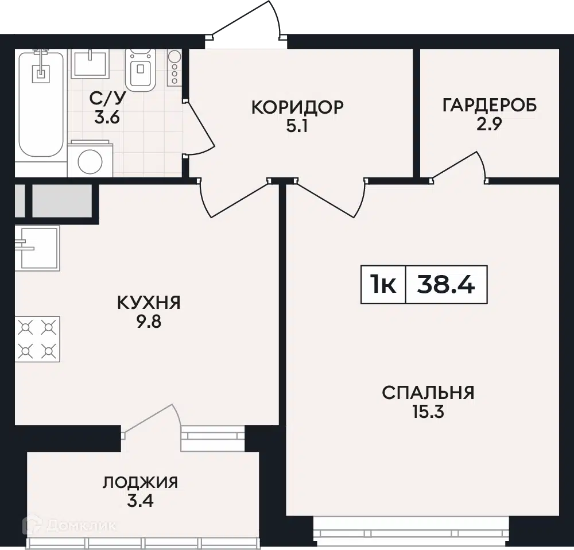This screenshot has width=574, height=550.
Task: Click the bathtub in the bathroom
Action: [41, 104]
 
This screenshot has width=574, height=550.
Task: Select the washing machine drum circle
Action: [90, 161]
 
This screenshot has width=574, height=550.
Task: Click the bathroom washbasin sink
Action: [90, 64]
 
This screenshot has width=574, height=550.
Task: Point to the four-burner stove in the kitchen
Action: [37, 339]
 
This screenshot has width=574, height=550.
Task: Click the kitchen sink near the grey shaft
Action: [37, 248]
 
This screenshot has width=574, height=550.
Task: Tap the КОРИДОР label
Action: [297, 107]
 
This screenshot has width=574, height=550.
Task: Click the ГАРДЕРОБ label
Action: [490, 105]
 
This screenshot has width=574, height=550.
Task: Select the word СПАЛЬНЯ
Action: [428, 393]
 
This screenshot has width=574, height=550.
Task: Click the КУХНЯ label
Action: [149, 303]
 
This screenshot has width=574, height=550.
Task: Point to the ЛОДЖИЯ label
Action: [140, 483]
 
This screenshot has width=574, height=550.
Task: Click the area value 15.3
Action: [428, 412]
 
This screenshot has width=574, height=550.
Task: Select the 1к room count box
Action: [383, 285]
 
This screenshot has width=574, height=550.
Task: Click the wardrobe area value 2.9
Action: [489, 125]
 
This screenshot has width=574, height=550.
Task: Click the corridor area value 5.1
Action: [297, 127]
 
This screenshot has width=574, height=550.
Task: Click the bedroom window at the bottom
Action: [412, 532]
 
